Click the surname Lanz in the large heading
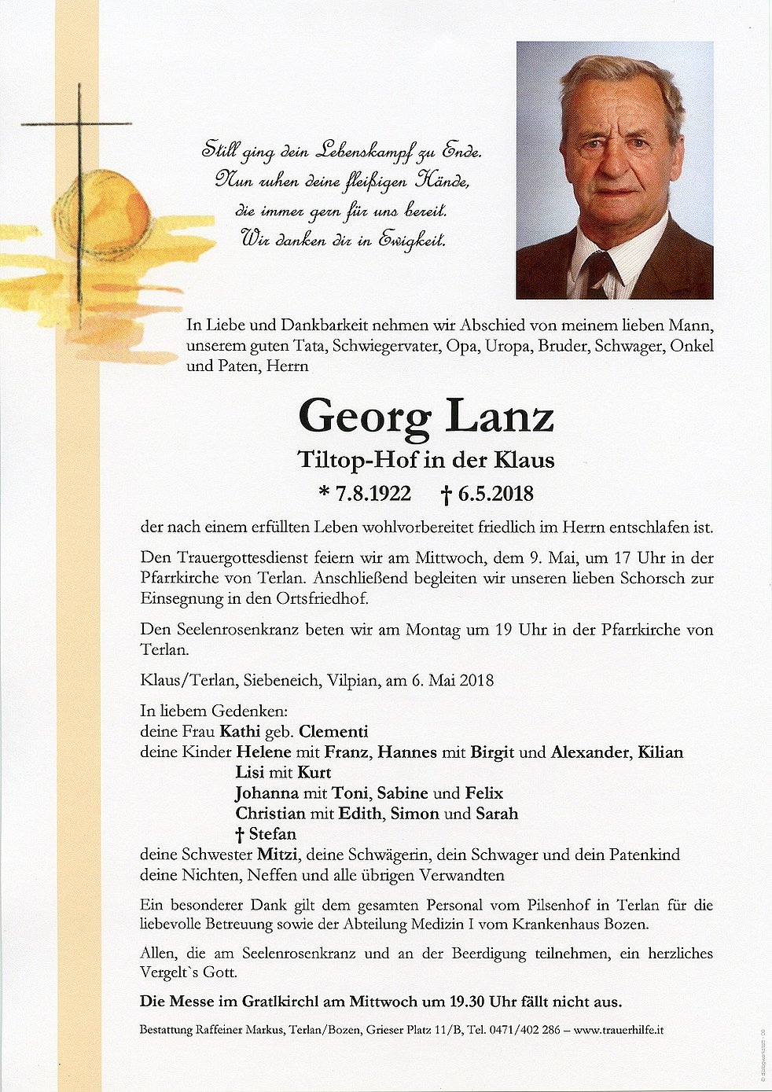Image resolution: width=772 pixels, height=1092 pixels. [x=500, y=417]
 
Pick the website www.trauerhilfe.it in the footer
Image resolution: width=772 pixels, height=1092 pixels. [x=618, y=1029]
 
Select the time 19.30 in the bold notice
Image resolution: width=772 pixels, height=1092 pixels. [x=467, y=1002]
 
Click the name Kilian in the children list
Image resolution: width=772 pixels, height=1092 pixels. [x=660, y=752]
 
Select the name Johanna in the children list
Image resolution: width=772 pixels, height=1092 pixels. [x=267, y=792]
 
